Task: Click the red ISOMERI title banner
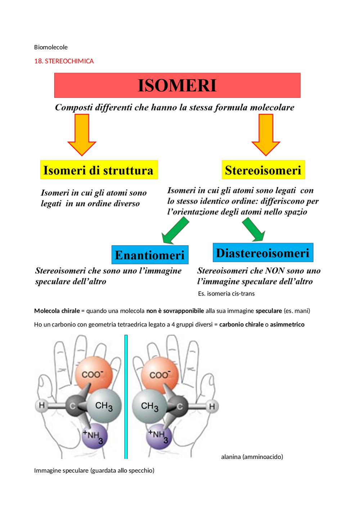click(177, 85)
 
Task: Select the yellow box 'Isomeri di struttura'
click(99, 170)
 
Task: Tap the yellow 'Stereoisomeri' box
click(264, 170)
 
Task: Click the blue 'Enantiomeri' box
click(150, 254)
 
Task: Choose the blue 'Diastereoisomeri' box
click(263, 252)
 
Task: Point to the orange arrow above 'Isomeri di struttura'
click(82, 135)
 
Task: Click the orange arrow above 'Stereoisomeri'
click(266, 135)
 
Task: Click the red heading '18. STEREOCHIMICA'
click(64, 61)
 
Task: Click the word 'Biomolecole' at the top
click(51, 47)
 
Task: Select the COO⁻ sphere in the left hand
click(94, 375)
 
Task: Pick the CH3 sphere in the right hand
click(149, 406)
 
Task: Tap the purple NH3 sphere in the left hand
click(95, 436)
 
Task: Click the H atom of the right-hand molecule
click(212, 406)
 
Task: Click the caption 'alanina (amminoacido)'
click(252, 457)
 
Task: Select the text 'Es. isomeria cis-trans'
click(226, 294)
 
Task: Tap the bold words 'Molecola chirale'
click(57, 311)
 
